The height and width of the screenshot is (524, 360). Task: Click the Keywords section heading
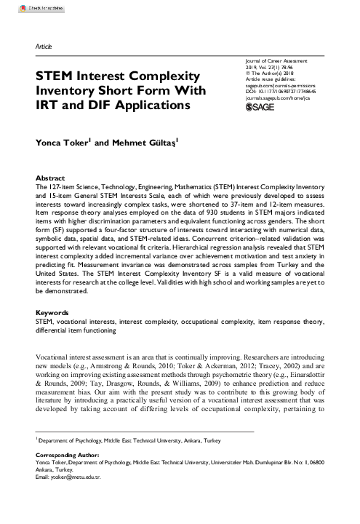click(52, 333)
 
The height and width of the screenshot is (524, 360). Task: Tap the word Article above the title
click(44, 47)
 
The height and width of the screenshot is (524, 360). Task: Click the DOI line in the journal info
click(286, 91)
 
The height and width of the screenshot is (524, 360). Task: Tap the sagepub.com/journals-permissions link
click(284, 84)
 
